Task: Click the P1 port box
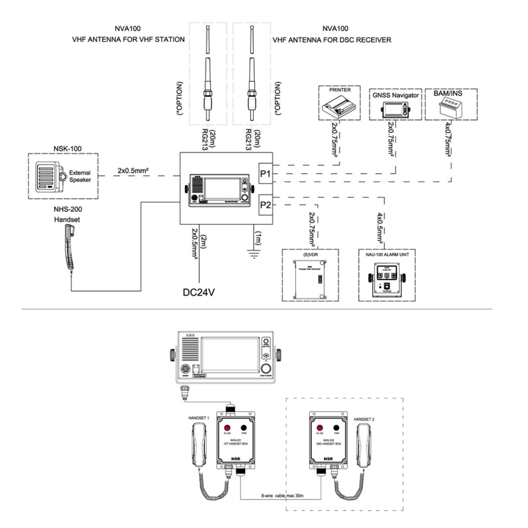265,173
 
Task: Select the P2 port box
265,205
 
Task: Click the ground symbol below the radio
254,254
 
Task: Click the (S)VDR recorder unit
310,278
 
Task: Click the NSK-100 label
68,149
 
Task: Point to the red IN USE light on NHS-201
227,428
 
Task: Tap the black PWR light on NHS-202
337,428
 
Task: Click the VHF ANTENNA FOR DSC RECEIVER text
332,40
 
